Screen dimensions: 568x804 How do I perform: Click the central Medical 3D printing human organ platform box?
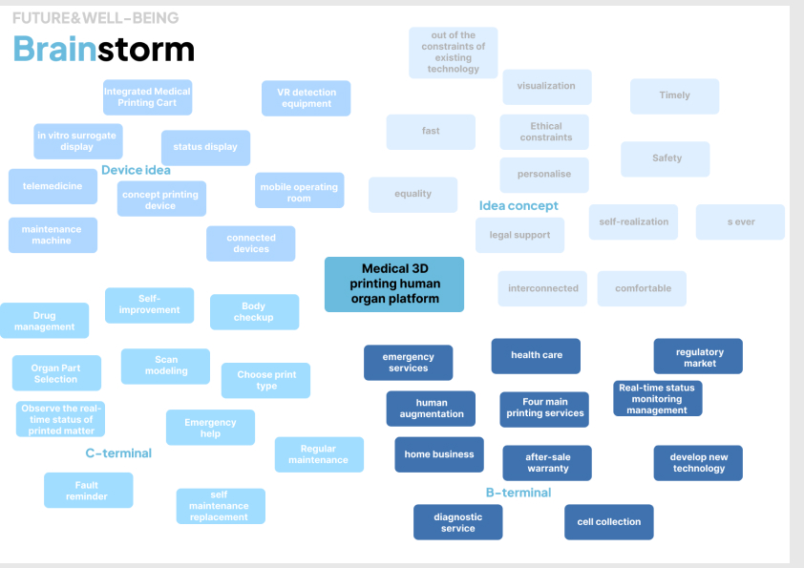click(393, 284)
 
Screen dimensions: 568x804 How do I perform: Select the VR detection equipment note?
click(307, 98)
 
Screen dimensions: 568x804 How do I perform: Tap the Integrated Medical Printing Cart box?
click(147, 97)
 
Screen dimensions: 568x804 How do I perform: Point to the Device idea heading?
click(136, 170)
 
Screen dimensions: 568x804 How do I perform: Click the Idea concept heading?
click(518, 205)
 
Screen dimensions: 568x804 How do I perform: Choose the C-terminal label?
click(118, 453)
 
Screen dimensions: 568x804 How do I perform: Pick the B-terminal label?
click(518, 493)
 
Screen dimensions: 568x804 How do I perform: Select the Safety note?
click(666, 158)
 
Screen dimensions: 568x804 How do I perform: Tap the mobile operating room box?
click(299, 193)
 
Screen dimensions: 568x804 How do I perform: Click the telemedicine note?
click(53, 186)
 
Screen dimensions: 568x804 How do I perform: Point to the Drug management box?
click(45, 321)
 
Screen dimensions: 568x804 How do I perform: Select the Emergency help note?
click(210, 428)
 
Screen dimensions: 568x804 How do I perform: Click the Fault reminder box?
click(88, 491)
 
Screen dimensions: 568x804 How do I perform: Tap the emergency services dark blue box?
click(408, 363)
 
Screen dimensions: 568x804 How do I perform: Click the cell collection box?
click(609, 522)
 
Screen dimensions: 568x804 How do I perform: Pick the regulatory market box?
click(699, 357)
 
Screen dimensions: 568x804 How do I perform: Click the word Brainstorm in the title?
click(103, 49)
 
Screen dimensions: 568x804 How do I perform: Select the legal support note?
click(519, 235)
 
